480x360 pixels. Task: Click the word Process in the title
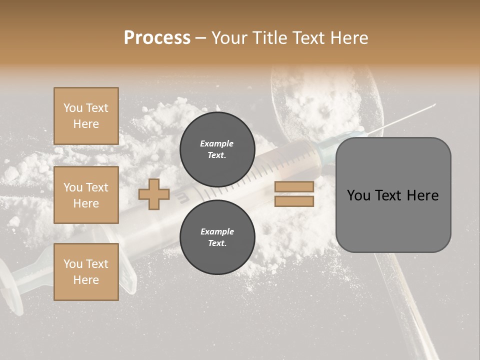point(157,38)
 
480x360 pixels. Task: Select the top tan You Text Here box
point(86,116)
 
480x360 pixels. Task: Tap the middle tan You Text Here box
point(86,195)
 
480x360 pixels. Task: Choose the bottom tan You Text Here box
point(86,272)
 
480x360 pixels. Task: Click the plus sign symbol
point(154,194)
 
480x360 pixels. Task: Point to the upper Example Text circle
point(217,149)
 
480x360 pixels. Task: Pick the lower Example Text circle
point(217,237)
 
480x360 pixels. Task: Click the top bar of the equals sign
point(294,186)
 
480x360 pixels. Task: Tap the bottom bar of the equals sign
point(294,201)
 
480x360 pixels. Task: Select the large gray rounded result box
point(393,195)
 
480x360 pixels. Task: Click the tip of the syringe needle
point(434,104)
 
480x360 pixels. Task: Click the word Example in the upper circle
point(217,143)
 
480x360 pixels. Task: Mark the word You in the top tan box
point(73,108)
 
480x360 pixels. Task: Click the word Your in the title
point(229,38)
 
